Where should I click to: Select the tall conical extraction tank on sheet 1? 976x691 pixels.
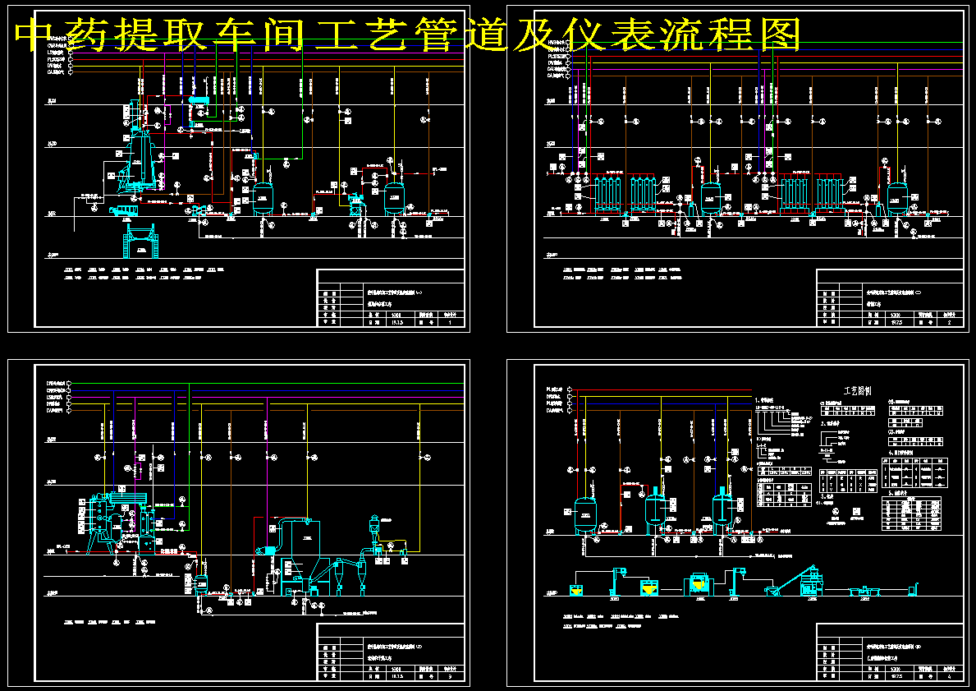[140, 156]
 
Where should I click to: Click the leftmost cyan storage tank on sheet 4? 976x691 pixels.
[584, 514]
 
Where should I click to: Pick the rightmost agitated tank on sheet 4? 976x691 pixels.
[722, 511]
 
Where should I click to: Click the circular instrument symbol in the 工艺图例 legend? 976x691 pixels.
[836, 511]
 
